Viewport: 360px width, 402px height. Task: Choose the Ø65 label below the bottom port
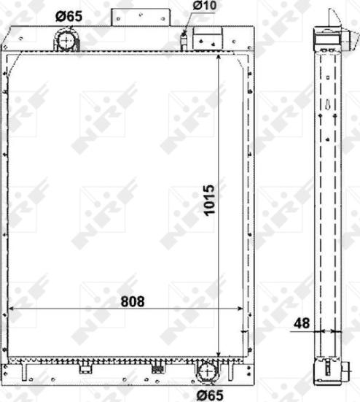coord(210,395)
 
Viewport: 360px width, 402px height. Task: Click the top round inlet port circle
coord(66,39)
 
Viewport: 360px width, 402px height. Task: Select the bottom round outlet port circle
coord(207,372)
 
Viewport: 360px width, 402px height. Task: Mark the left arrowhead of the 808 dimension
coord(11,310)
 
